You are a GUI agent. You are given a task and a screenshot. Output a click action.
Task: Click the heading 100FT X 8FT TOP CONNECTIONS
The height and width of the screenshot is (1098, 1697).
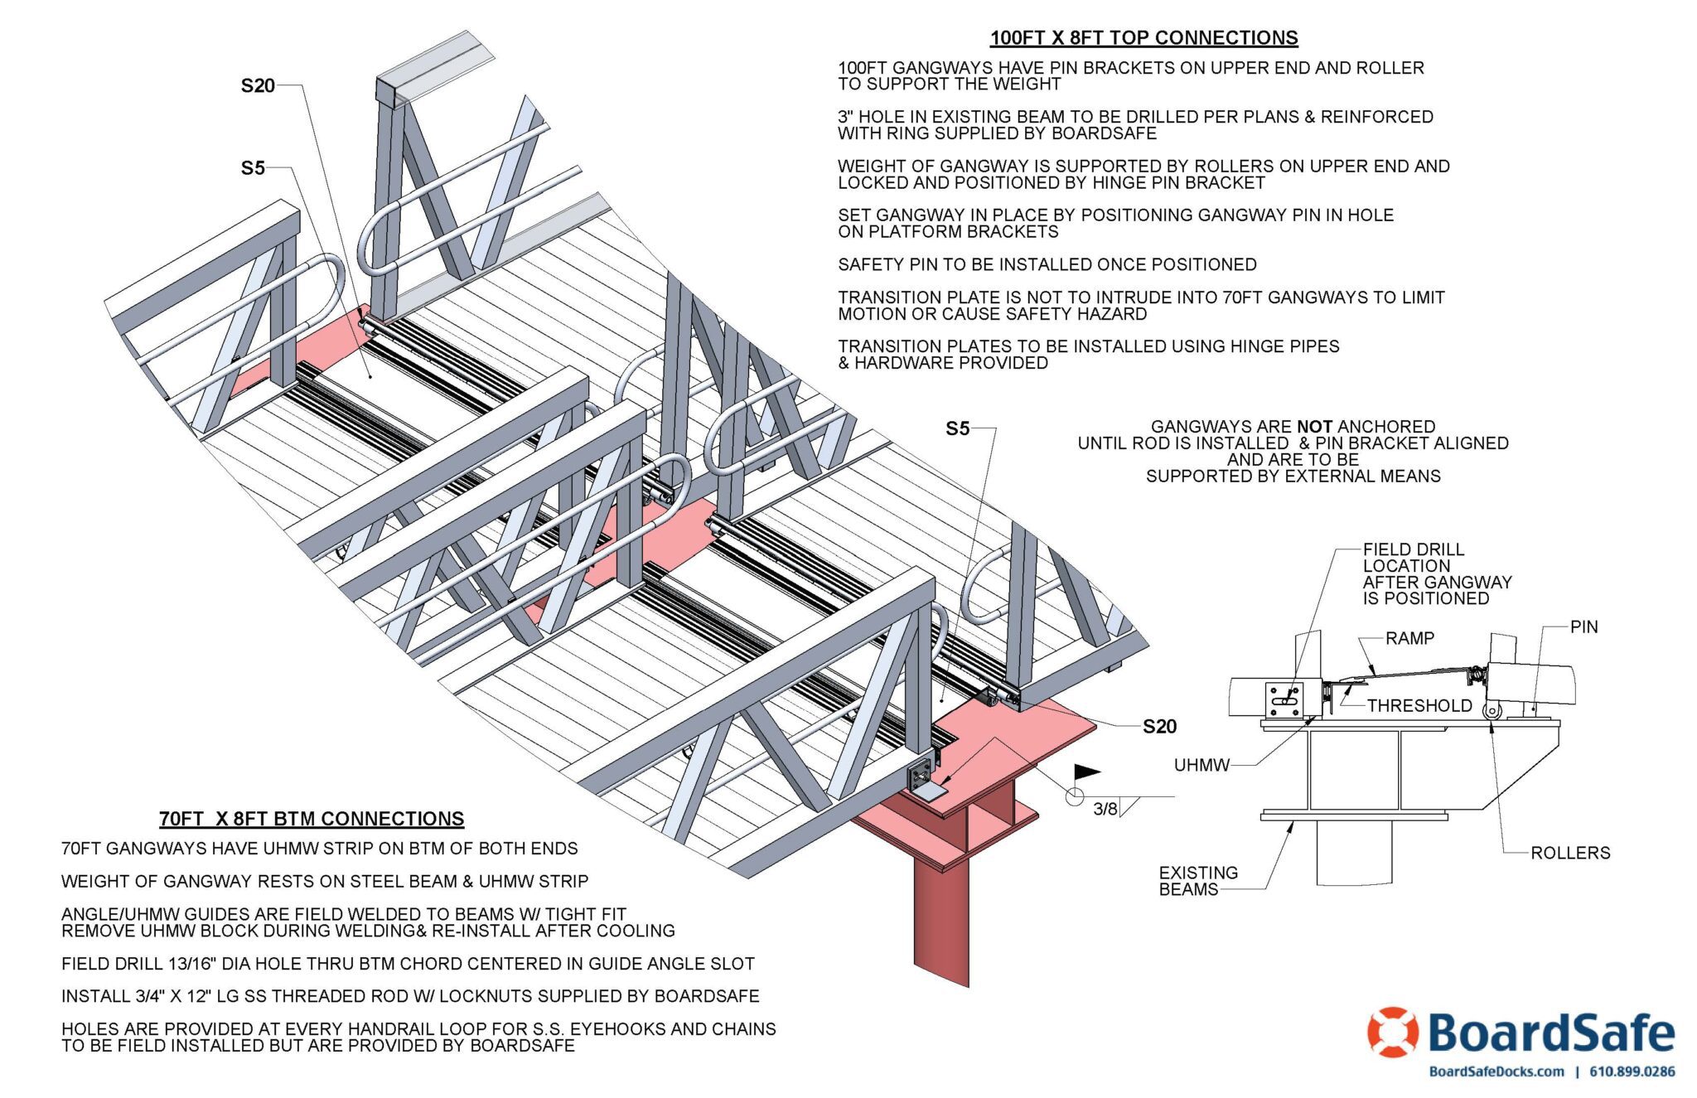point(1143,38)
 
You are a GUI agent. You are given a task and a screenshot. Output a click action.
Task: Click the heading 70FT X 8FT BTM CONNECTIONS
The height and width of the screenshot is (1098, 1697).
point(312,819)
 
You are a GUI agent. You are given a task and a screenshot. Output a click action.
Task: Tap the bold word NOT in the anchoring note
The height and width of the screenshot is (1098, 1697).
point(1314,427)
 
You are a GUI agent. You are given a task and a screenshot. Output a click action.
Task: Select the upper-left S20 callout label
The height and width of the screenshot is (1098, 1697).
point(258,86)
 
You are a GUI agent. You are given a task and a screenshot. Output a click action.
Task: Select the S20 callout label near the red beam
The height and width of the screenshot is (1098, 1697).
point(1159,727)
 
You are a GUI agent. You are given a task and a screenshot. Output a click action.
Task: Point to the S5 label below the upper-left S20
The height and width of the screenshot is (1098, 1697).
point(253,168)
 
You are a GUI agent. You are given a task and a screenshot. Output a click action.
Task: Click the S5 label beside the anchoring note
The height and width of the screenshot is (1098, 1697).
point(957,428)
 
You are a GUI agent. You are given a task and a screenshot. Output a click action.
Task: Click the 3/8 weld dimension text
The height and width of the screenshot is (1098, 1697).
point(1105,810)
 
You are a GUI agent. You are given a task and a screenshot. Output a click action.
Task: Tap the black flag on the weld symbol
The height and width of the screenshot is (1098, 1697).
point(1086,772)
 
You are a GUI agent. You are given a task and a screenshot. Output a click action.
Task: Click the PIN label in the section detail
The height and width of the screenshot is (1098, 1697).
point(1583,627)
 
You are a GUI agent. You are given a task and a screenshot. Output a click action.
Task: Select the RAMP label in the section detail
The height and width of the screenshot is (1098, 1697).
point(1409,638)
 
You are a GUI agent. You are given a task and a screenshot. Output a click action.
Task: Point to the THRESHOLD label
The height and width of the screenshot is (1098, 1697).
point(1419,706)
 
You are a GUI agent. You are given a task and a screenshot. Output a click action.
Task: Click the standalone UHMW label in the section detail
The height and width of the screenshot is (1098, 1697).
point(1201,765)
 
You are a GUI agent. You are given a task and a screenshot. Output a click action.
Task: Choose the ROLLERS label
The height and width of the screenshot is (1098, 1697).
point(1570,853)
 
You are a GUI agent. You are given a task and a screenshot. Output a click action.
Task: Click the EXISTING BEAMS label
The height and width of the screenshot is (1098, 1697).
point(1198,881)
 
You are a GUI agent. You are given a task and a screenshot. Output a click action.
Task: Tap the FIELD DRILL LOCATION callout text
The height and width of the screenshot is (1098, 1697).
point(1437,573)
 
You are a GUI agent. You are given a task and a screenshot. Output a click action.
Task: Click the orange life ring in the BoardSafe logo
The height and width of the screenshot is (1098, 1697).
point(1393,1033)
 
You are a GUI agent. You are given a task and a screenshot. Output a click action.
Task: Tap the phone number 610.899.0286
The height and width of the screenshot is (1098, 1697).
point(1632,1071)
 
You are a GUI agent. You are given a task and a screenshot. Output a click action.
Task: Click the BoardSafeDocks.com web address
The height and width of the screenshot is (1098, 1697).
point(1496,1071)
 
